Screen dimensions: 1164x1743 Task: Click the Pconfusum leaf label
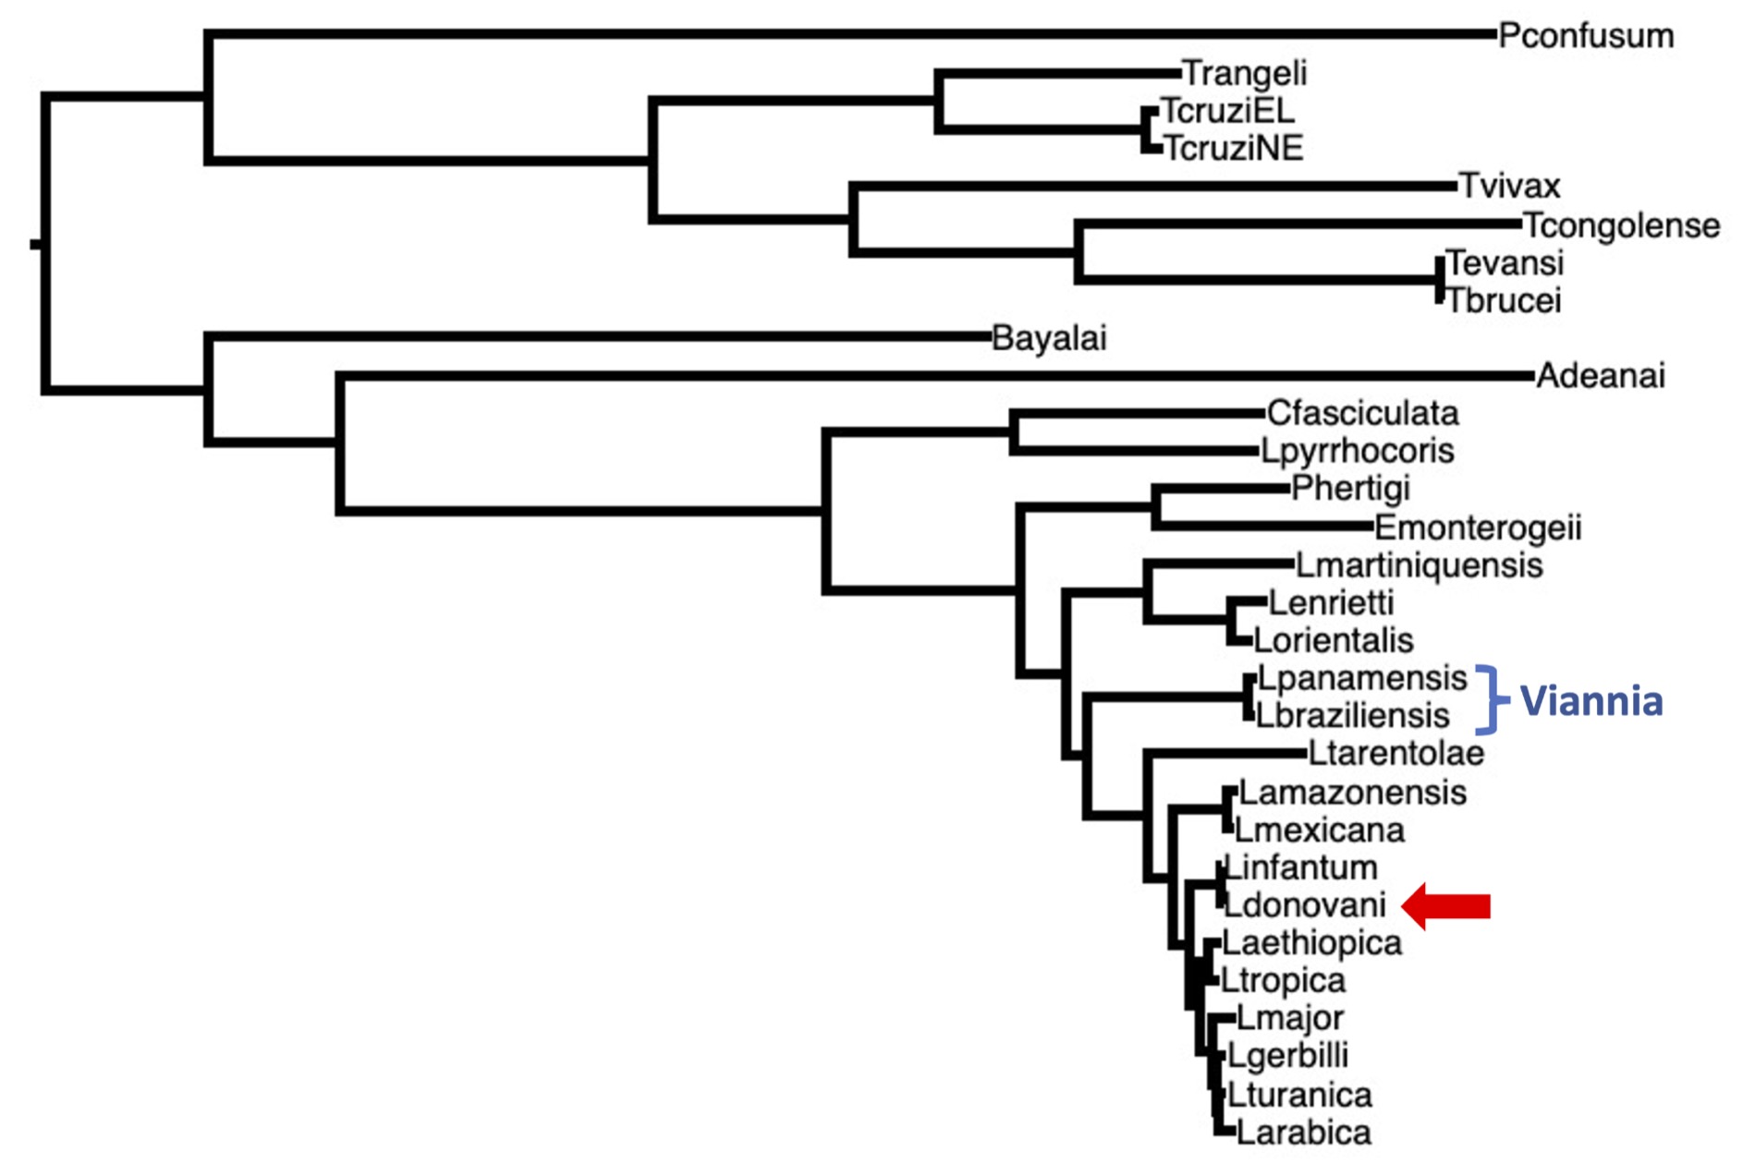[1585, 36]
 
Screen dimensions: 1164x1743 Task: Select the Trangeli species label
[1244, 73]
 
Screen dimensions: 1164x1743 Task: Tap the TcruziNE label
[1233, 148]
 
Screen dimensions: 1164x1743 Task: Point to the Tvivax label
[1509, 186]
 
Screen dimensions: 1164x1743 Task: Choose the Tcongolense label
[1621, 225]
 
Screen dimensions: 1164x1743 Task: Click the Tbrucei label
[1504, 301]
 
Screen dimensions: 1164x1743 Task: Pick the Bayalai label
[1049, 339]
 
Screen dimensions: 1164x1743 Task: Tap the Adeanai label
[1601, 376]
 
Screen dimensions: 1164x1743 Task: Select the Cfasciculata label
[1362, 413]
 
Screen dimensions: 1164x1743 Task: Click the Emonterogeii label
[1478, 527]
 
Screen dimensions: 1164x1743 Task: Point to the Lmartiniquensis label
[1419, 565]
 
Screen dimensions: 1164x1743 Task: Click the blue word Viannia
[1591, 701]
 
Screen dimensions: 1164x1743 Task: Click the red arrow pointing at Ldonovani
[1446, 906]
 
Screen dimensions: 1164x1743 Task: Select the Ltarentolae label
[1396, 754]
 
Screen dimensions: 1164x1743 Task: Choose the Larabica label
[1303, 1133]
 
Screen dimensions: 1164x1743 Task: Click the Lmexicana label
[1320, 831]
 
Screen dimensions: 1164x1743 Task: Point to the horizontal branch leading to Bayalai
[601, 337]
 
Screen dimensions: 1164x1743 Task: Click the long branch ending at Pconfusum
[850, 34]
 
